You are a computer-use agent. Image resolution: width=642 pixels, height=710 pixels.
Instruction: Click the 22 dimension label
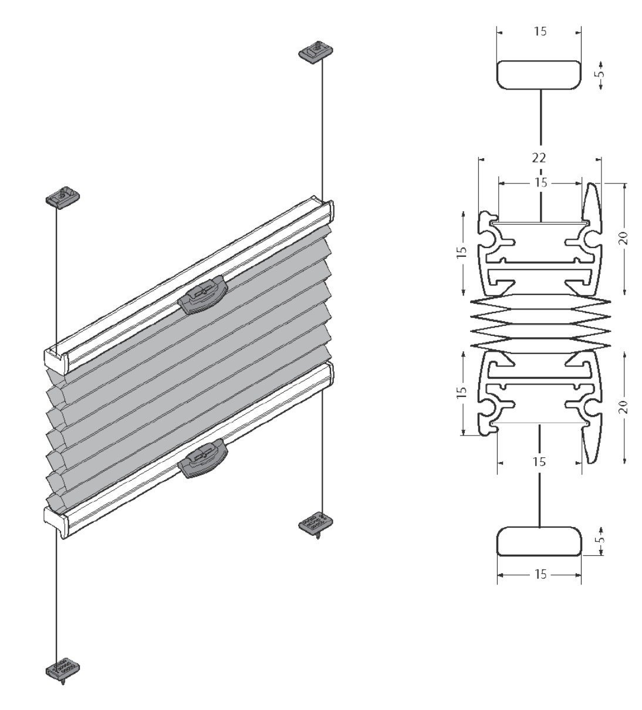pos(539,158)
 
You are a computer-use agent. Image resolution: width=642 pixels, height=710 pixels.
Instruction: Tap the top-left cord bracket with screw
pos(63,197)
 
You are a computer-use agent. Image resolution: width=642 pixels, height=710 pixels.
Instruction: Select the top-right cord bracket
pos(316,52)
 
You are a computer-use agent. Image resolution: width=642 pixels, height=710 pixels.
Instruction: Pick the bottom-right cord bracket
pos(316,524)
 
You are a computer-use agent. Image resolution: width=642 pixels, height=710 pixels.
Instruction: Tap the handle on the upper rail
pos(203,294)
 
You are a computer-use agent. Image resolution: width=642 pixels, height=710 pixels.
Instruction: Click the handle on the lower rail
pos(203,458)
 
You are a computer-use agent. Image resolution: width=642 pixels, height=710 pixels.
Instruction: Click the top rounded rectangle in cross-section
pos(539,75)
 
